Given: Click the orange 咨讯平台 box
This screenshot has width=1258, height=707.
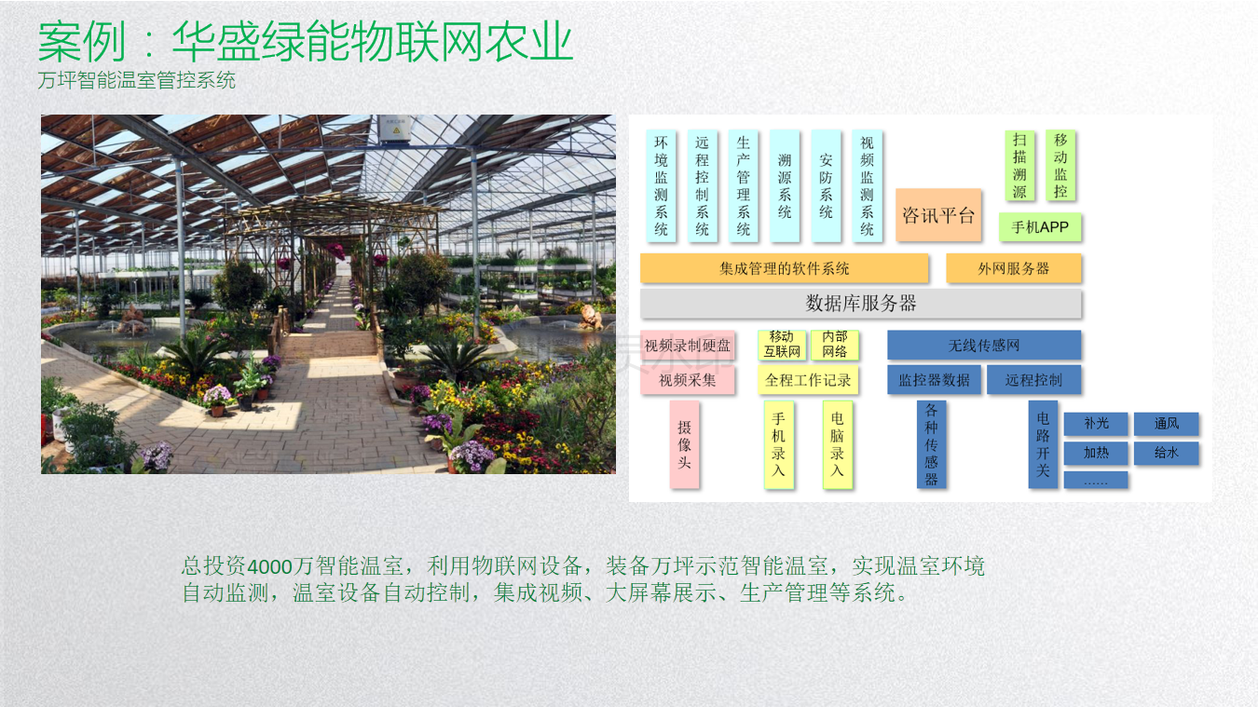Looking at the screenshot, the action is tap(938, 215).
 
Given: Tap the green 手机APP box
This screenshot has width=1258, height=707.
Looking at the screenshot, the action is tap(1040, 227).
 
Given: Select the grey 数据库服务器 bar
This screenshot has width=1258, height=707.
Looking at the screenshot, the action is tap(861, 304).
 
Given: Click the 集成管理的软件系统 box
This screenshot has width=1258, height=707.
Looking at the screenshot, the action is tap(784, 268).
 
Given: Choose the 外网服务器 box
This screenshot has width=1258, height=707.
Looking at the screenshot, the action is tap(1014, 268).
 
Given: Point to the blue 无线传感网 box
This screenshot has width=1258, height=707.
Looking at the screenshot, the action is tap(984, 345).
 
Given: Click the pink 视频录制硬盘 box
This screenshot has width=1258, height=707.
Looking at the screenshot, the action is tap(688, 346).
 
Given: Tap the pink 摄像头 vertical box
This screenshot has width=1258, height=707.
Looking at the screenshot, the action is tap(684, 444).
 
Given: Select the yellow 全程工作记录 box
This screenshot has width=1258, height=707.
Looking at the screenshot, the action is tap(808, 380).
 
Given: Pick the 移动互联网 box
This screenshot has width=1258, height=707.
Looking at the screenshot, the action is tap(782, 345).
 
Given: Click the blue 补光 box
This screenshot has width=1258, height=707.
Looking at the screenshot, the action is tap(1096, 424).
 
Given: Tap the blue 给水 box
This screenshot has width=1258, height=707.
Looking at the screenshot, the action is tap(1167, 453).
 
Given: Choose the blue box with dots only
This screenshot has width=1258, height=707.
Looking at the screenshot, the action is tap(1096, 480).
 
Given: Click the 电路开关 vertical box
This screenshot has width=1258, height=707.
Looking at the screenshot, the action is tap(1043, 444).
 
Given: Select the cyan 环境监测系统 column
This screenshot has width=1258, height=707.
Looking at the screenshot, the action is tap(661, 186).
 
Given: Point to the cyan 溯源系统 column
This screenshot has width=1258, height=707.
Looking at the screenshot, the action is tap(785, 186).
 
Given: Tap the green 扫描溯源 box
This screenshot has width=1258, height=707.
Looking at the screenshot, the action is tap(1019, 166).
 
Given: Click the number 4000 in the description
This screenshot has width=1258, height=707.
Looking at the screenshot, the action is tap(269, 566).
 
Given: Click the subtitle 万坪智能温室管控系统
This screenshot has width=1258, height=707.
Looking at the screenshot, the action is tap(136, 80).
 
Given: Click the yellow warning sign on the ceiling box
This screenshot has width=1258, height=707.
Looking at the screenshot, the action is tap(396, 130).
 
